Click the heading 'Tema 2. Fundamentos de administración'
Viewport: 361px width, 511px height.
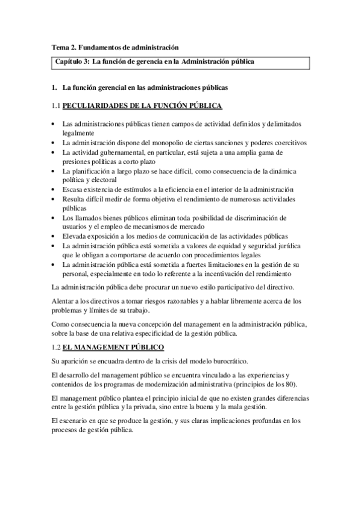115,46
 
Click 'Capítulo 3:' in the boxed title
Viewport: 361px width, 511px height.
73,61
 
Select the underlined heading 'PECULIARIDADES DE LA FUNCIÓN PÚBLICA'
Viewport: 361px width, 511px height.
142,106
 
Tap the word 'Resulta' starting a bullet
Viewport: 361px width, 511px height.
74,198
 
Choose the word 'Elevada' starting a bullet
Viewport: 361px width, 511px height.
75,236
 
